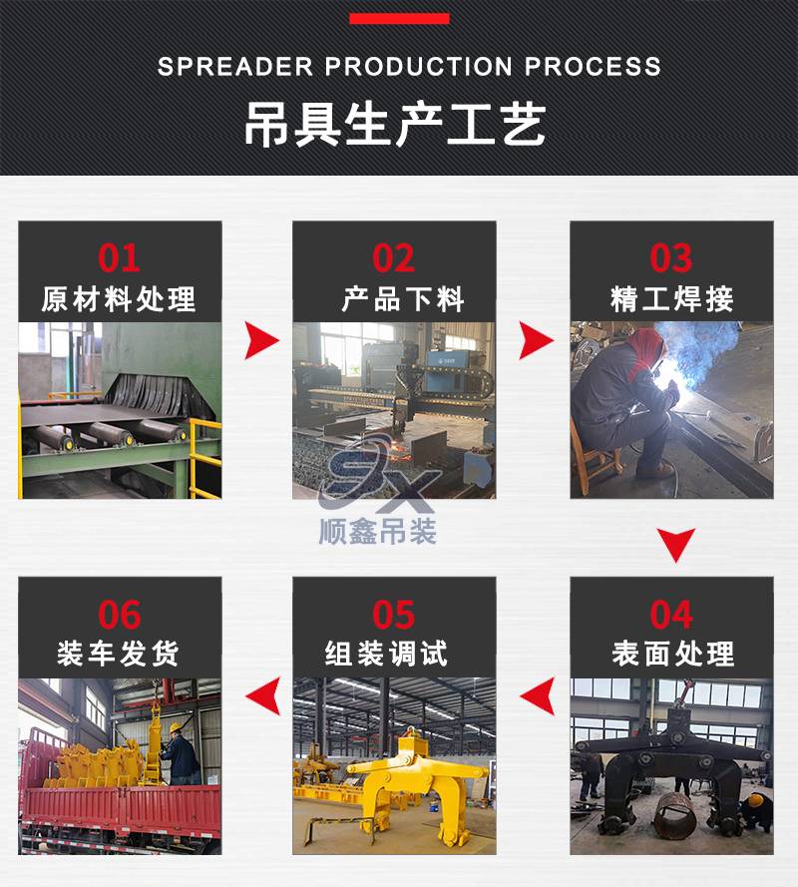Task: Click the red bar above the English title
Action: (399, 19)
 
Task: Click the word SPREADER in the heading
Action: (234, 67)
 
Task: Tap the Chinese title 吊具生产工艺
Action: (395, 125)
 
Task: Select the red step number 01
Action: (119, 258)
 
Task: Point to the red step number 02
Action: (393, 258)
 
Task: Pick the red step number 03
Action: (670, 258)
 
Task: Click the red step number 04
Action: (670, 615)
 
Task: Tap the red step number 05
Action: (393, 615)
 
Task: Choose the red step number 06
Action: (119, 615)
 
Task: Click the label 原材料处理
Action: (119, 299)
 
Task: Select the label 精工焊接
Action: (672, 299)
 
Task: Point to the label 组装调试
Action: (386, 654)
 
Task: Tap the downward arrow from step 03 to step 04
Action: (676, 544)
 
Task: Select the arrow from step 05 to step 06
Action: (264, 695)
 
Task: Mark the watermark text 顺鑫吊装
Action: (378, 532)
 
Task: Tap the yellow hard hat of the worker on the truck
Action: (176, 728)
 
